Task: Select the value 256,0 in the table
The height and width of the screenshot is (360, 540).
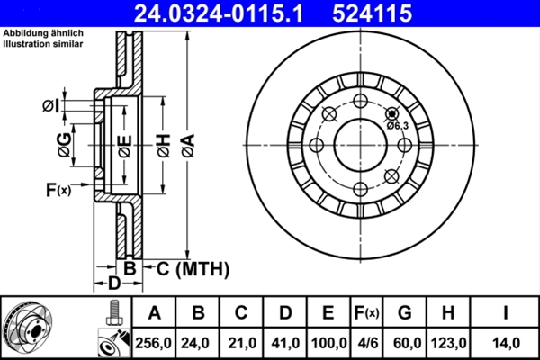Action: click(x=154, y=342)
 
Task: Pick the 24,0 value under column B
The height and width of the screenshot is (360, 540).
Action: click(x=197, y=342)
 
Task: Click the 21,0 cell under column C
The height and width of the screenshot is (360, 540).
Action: click(x=240, y=342)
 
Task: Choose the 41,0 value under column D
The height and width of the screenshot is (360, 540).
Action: click(x=283, y=342)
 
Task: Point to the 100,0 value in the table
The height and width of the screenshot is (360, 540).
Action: click(x=328, y=342)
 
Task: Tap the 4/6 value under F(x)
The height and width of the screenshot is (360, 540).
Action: click(x=367, y=342)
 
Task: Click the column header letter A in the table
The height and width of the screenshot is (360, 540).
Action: click(x=154, y=313)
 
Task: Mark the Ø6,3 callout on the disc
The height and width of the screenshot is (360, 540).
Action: click(x=398, y=125)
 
